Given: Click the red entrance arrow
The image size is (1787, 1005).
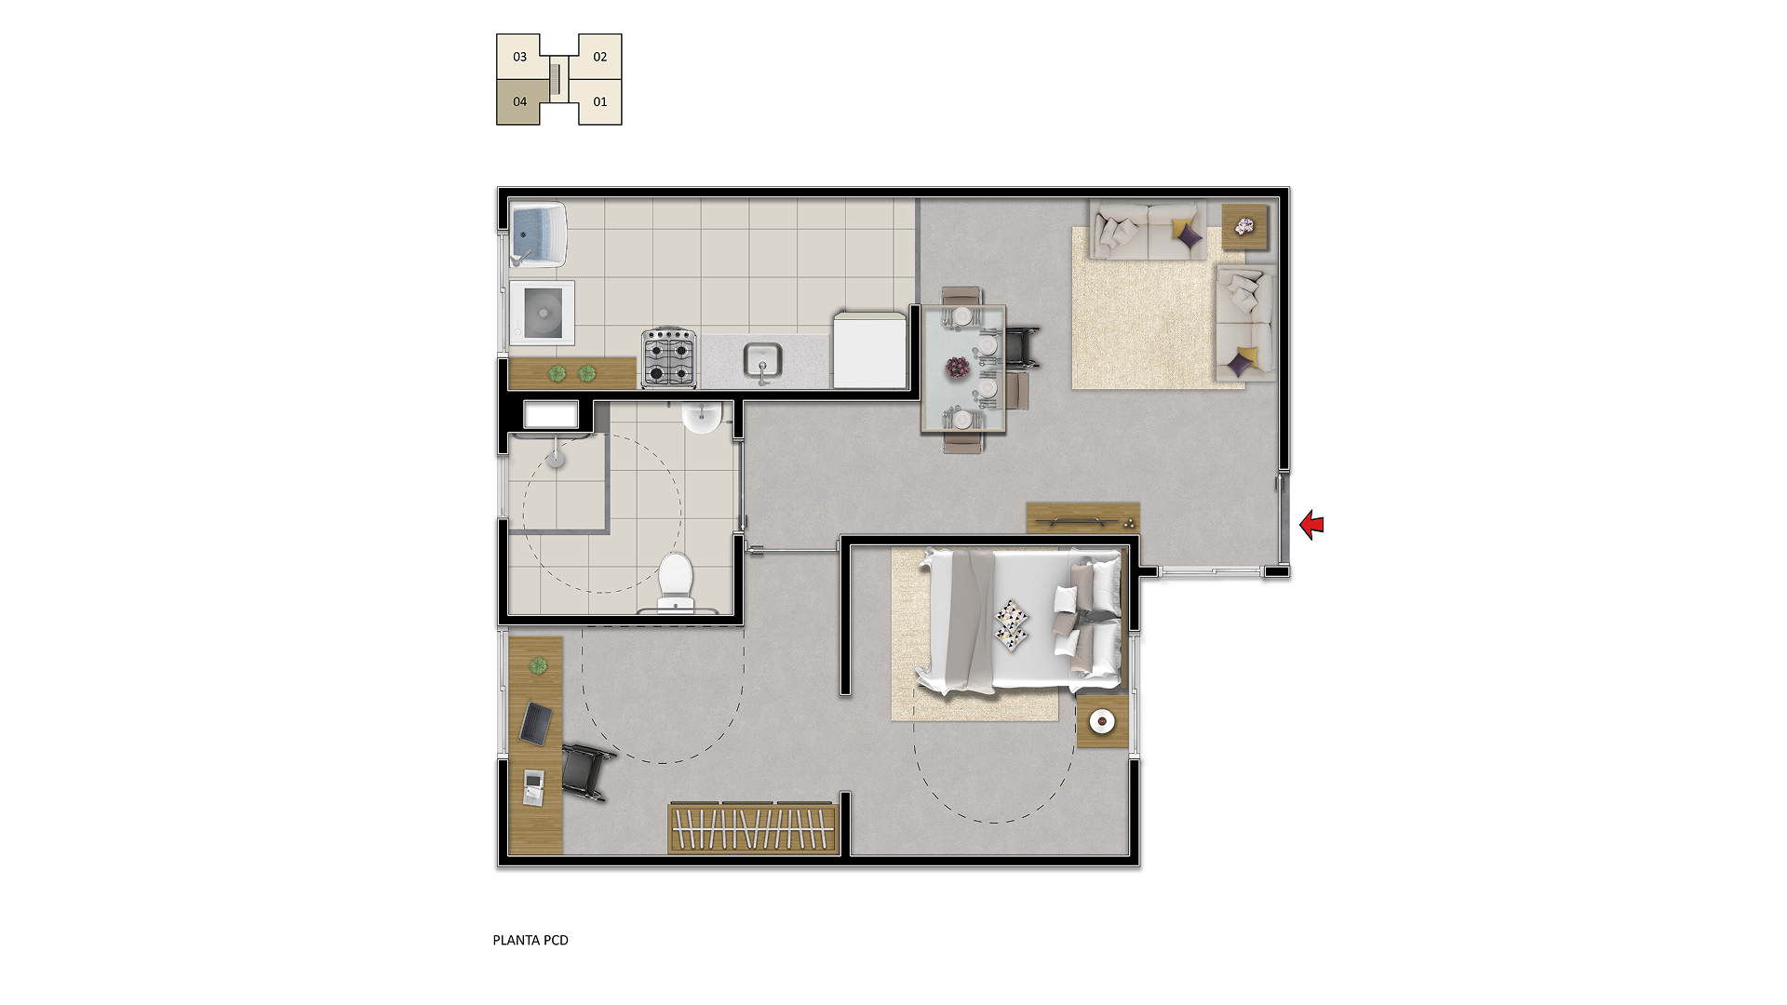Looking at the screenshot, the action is point(1311,525).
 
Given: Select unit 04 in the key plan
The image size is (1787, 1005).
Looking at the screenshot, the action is point(519,101).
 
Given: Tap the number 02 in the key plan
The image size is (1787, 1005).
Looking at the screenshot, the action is point(600,57).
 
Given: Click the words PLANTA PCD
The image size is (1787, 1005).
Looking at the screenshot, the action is point(531,940).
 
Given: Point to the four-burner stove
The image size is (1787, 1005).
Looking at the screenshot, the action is point(669,357).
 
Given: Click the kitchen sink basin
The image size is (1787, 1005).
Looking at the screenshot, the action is point(762,360).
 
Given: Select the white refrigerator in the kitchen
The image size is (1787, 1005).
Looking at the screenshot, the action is point(869,350).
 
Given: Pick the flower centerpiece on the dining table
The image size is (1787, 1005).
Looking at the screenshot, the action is point(957,368).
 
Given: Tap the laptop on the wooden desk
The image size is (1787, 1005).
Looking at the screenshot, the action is point(535,723).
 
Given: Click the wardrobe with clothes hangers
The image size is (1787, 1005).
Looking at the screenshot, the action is point(753,827).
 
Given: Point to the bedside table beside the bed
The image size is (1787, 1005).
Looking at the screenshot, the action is point(1102,721).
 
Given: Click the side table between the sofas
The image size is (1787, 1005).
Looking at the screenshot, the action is point(1244,227).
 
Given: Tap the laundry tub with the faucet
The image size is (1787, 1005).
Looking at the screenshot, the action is point(538,234).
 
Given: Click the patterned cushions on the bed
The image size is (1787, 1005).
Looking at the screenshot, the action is point(1012,624).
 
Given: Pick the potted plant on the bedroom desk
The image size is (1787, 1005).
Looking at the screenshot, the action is point(538,665).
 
